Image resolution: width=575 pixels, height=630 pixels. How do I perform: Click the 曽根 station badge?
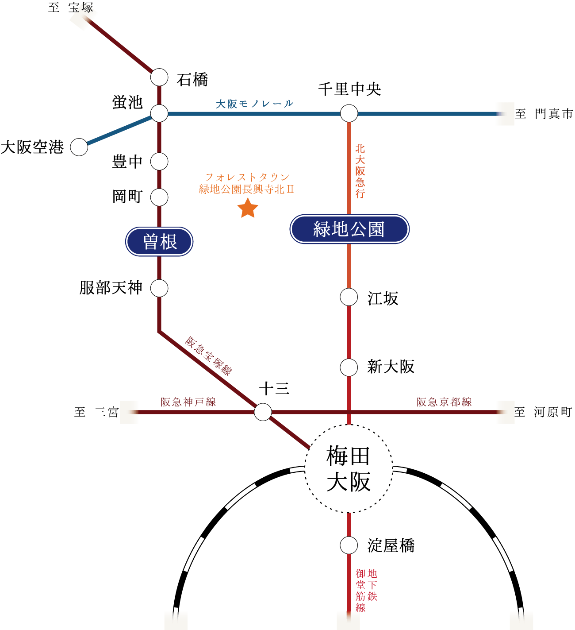[159, 242]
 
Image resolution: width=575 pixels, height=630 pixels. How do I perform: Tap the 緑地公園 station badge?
[349, 229]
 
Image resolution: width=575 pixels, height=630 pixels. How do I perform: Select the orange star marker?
[248, 208]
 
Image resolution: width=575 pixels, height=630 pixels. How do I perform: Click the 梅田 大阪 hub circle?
[349, 469]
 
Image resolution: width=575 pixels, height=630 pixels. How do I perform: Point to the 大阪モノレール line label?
[254, 104]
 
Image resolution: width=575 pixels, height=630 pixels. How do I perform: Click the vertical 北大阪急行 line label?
[360, 171]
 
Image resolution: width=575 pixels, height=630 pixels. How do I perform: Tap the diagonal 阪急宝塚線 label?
[208, 356]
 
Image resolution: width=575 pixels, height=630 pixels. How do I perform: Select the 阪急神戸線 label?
[188, 402]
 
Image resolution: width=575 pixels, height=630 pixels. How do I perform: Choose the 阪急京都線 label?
[444, 402]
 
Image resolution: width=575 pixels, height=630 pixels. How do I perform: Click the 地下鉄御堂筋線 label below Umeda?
[366, 590]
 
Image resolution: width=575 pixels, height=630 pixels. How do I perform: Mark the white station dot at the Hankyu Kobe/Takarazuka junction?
[263, 412]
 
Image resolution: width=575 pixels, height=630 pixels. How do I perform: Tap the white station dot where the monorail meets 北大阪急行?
[349, 113]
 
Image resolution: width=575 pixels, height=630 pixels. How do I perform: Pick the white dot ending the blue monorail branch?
[79, 147]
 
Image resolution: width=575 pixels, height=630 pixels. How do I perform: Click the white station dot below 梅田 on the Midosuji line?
[349, 545]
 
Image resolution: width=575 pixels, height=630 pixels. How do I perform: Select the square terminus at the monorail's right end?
[505, 114]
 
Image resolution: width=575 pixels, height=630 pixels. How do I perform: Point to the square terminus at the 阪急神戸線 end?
[129, 412]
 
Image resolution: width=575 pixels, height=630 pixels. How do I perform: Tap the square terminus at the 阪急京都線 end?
[505, 412]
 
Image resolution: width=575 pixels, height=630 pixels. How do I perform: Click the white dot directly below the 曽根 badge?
[159, 288]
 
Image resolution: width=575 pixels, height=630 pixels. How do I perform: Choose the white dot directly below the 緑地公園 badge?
[349, 297]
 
